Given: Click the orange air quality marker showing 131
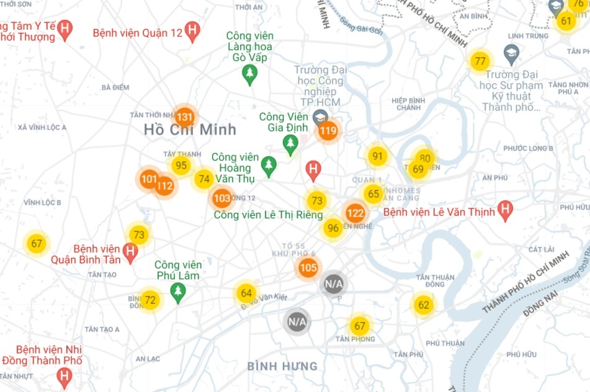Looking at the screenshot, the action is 185,117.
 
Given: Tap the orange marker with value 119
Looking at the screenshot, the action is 328,131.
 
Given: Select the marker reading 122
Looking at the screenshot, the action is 355,214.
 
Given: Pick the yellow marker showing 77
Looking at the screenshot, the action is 480,61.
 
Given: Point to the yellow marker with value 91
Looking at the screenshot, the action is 377,156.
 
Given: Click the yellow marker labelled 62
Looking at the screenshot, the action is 424,305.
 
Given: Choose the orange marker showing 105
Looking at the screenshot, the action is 308,268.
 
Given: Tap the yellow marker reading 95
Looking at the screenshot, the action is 181,166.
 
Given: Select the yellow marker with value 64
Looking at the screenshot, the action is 246,293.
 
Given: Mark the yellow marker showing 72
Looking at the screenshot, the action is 150,301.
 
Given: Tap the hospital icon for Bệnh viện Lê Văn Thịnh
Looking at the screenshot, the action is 506,211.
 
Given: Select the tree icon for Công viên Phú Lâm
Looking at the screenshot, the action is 178,292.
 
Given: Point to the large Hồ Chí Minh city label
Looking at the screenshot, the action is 190,130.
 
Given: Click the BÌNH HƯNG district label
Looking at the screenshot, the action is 282,366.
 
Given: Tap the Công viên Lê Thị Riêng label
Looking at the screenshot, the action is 268,215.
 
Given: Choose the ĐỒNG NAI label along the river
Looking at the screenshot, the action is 537,307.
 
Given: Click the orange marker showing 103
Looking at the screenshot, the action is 221,198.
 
